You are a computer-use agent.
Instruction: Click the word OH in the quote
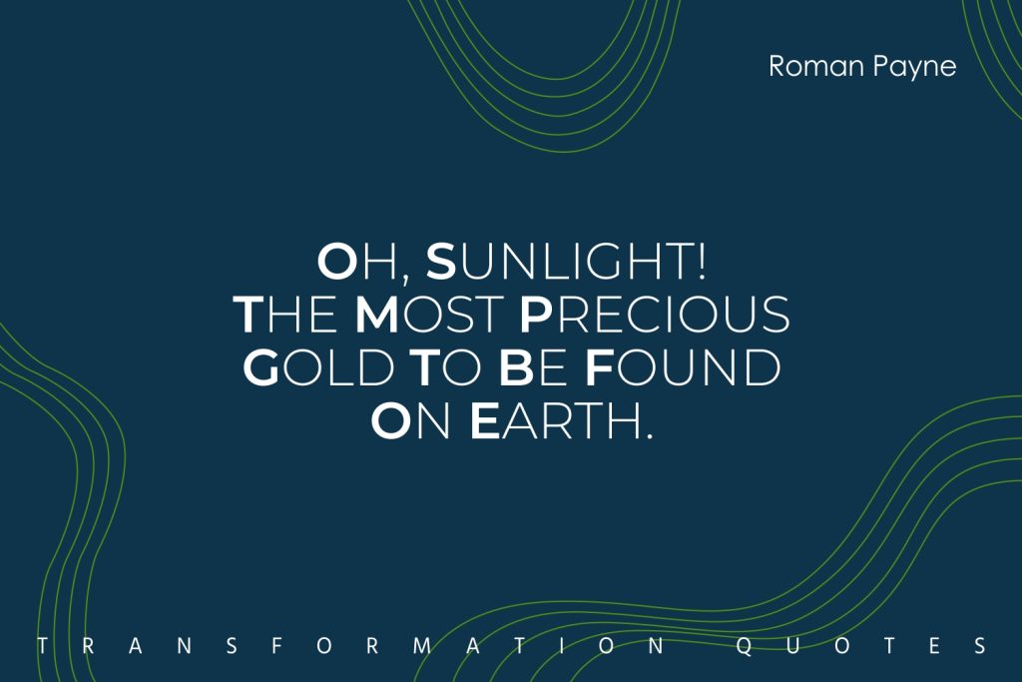pyautogui.click(x=355, y=262)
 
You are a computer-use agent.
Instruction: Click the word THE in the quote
pyautogui.click(x=284, y=315)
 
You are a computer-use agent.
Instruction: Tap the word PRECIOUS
pyautogui.click(x=655, y=315)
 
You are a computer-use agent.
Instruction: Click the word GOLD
pyautogui.click(x=318, y=367)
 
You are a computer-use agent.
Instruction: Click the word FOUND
pyautogui.click(x=683, y=367)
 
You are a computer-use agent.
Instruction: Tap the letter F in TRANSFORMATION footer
pyautogui.click(x=276, y=646)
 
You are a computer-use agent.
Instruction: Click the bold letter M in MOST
pyautogui.click(x=376, y=315)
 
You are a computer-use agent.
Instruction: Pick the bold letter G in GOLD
pyautogui.click(x=260, y=367)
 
